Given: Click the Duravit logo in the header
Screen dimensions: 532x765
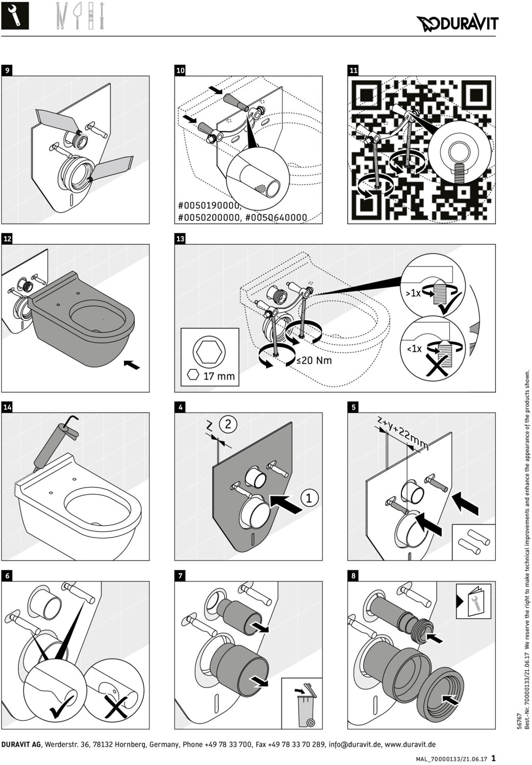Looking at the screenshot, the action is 457,24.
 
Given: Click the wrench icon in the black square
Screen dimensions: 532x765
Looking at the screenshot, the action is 15,16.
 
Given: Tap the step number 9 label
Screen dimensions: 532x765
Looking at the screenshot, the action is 7,70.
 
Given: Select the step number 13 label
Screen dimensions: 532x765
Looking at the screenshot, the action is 180,239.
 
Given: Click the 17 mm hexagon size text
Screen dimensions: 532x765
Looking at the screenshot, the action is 219,376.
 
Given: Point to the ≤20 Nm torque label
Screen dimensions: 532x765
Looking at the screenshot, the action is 314,360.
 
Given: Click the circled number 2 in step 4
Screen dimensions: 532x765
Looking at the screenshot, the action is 228,424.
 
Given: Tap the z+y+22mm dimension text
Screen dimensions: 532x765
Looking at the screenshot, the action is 403,432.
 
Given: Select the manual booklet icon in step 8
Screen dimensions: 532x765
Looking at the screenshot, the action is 474,601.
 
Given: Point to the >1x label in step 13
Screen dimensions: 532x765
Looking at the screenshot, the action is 413,293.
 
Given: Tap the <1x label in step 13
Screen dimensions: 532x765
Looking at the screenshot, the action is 414,349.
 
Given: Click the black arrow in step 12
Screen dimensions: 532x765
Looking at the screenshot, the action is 132,365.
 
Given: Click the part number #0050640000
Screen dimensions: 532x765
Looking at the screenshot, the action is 276,218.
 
